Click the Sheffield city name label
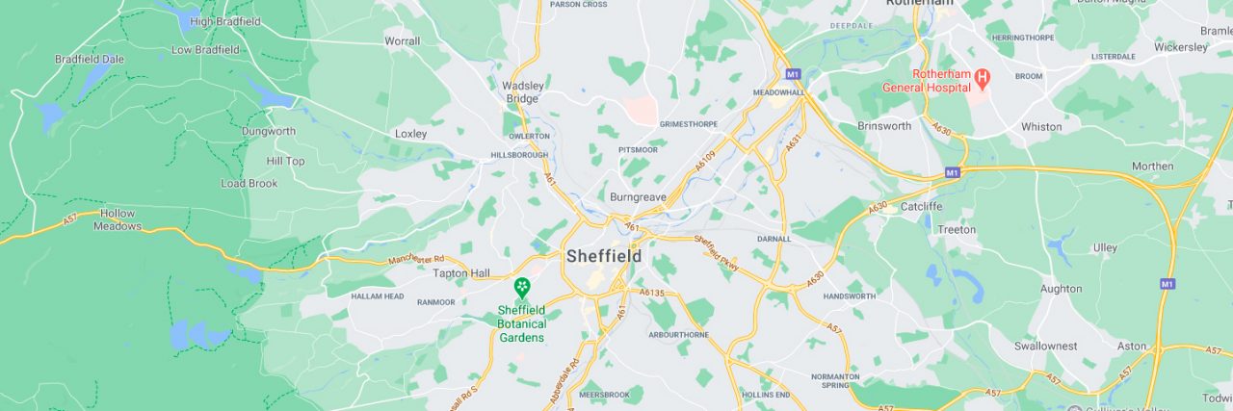coord(603,256)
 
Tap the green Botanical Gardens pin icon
coord(521,287)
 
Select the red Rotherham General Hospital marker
coord(983,76)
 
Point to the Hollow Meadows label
coord(118,219)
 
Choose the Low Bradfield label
coord(205,49)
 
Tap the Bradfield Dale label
coord(90,59)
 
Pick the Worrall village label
coord(402,41)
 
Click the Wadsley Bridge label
coord(521,91)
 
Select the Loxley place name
coord(410,134)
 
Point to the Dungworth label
coord(269,131)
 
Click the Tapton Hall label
coord(461,273)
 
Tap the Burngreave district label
coord(638,196)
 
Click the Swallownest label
coord(1045,346)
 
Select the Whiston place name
coord(1041,126)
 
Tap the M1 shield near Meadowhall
coord(792,73)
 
